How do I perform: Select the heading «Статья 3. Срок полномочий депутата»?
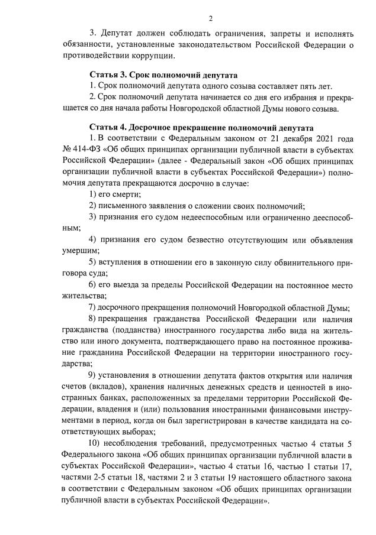(x=163, y=75)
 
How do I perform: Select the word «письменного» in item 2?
(x=123, y=205)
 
